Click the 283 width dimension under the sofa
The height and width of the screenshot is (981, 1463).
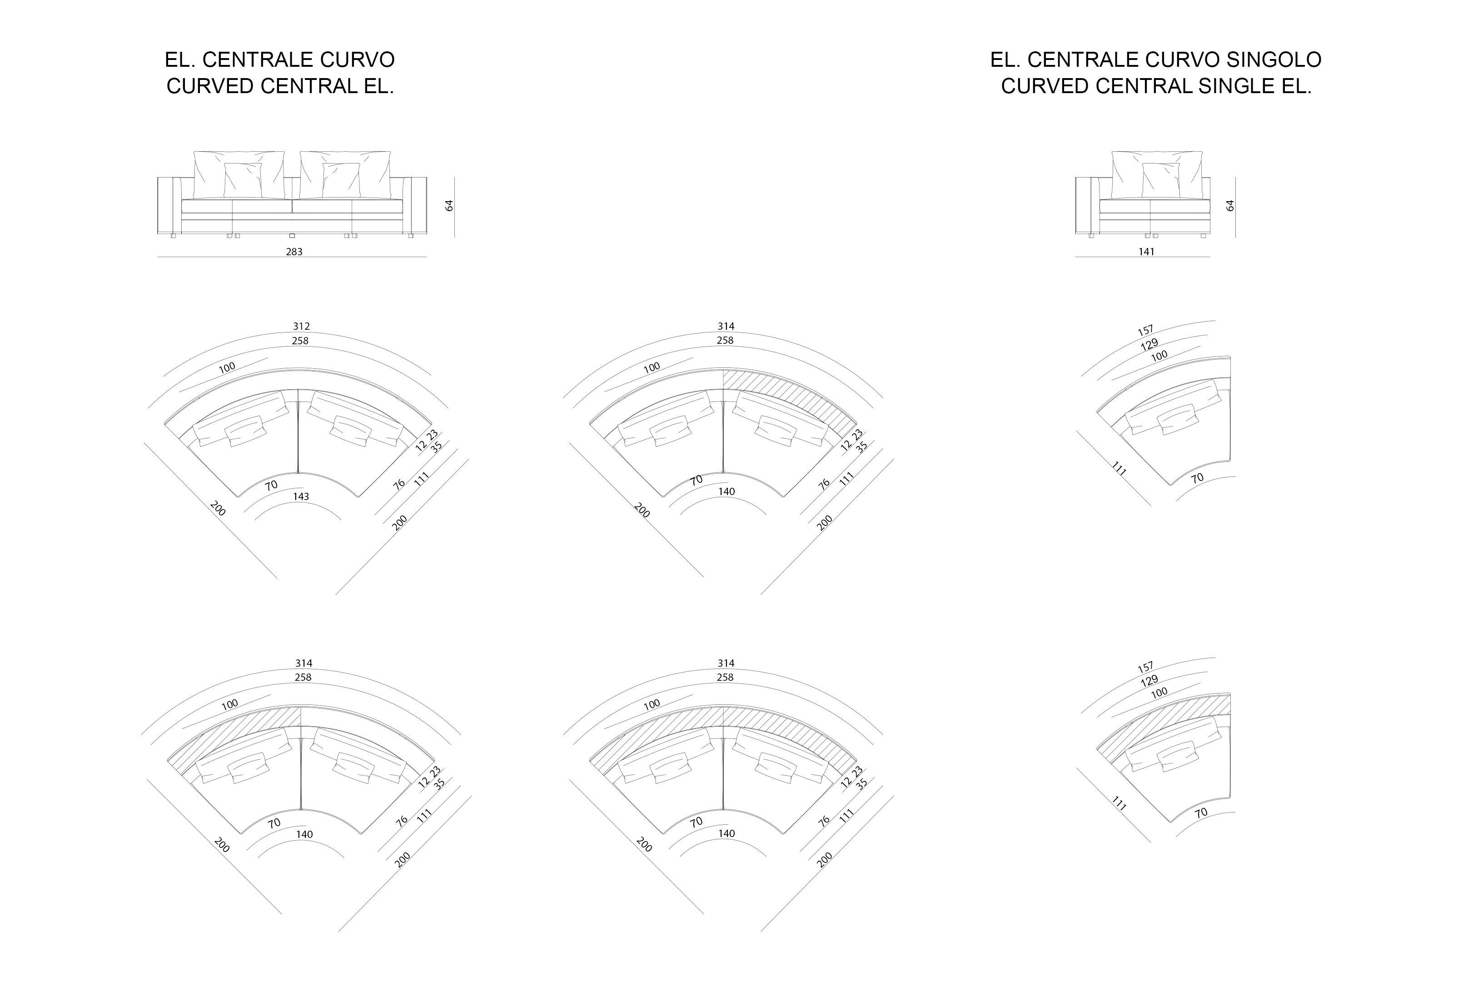(x=294, y=252)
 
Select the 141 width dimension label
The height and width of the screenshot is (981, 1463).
(x=1146, y=252)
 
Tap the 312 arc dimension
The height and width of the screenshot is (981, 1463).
(x=301, y=326)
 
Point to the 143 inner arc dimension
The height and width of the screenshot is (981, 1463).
(x=301, y=496)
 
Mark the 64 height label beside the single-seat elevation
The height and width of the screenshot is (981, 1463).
(x=1230, y=205)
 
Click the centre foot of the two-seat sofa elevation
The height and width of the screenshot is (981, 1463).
(x=292, y=236)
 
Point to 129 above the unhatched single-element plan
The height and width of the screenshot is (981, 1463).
(x=1149, y=344)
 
